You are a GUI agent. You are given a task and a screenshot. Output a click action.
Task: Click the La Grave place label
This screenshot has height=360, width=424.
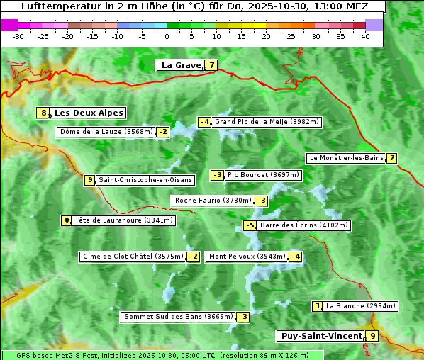click(x=181, y=65)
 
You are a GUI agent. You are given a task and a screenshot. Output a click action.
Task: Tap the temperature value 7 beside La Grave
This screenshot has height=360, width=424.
click(x=211, y=65)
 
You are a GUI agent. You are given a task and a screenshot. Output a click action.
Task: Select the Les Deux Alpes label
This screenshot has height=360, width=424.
click(x=89, y=113)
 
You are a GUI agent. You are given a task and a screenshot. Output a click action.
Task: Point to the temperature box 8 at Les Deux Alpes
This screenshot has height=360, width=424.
click(x=44, y=113)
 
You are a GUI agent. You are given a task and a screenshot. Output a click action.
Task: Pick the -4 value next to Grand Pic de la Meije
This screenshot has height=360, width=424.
click(x=205, y=122)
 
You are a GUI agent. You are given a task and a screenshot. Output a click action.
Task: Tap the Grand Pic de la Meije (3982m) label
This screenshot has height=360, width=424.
click(x=267, y=122)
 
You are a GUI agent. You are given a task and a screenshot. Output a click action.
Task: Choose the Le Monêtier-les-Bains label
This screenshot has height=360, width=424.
click(x=346, y=158)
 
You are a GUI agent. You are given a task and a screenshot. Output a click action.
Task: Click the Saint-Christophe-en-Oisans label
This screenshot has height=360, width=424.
click(x=145, y=180)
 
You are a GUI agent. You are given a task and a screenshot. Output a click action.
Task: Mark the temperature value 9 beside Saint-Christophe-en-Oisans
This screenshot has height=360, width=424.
click(x=89, y=180)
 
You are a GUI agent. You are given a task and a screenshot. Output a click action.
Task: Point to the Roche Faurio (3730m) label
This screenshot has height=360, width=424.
click(x=213, y=201)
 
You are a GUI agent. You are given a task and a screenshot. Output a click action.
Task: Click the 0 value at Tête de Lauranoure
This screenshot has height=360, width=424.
click(x=67, y=220)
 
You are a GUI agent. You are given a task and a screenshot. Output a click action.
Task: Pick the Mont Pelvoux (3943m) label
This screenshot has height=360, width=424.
click(x=247, y=257)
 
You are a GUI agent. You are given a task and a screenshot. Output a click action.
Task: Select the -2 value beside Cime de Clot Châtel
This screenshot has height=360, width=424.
click(x=193, y=257)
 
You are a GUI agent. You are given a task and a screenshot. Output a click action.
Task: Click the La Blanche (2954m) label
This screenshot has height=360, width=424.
click(x=360, y=306)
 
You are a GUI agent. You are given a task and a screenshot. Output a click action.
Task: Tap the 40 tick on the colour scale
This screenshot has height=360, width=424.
click(x=365, y=35)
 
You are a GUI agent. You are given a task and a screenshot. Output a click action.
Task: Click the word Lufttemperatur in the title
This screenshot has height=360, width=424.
click(x=56, y=6)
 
